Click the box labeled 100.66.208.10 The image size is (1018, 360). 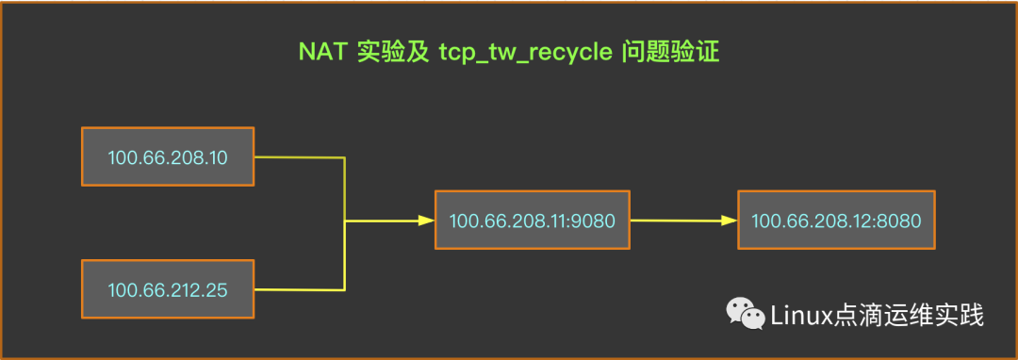click(x=168, y=156)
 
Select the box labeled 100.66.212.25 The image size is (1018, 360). click(x=168, y=289)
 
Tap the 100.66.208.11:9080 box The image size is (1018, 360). click(x=532, y=221)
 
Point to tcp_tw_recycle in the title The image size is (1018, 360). click(x=525, y=53)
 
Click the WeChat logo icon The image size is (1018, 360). click(x=745, y=315)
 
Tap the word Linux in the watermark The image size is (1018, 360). click(x=802, y=315)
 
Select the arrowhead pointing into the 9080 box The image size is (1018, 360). click(x=425, y=221)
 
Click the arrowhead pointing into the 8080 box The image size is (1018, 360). click(x=728, y=221)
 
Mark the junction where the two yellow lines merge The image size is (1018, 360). click(x=346, y=221)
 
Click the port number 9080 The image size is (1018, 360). click(x=594, y=221)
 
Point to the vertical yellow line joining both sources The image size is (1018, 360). click(x=346, y=188)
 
